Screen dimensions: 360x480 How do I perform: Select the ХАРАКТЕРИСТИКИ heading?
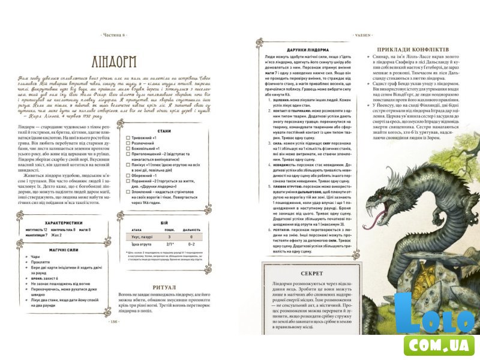(x=59, y=221)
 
